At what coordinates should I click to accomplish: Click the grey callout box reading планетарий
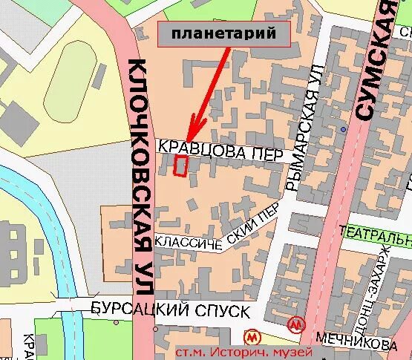click(x=223, y=33)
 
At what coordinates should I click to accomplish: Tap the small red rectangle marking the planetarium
click(x=180, y=166)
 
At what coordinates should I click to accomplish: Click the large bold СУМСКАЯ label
click(x=379, y=59)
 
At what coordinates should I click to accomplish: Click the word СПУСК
click(x=218, y=310)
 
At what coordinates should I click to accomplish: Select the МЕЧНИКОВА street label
click(x=356, y=344)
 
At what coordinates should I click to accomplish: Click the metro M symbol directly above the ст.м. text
click(x=252, y=336)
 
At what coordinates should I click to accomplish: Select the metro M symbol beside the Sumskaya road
click(x=297, y=325)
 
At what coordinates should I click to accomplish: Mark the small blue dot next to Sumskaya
click(x=343, y=129)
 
